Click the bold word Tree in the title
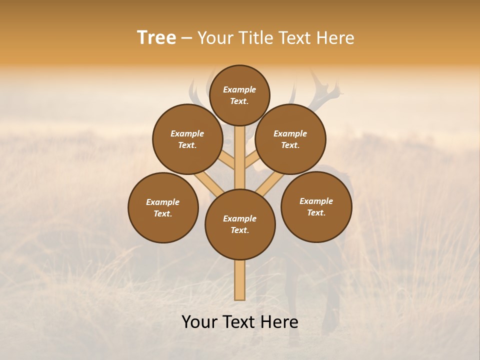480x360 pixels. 156,38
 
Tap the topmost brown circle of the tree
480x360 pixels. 239,95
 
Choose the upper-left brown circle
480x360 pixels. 187,139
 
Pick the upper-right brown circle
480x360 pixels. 290,139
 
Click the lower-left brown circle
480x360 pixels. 163,207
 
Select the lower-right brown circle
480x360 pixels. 316,206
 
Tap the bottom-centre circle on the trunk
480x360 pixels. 240,224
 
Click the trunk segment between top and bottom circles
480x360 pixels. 240,160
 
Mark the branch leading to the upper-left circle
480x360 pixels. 227,160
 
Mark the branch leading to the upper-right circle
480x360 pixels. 252,159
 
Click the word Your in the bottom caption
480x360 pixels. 200,322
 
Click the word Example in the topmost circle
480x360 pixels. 239,89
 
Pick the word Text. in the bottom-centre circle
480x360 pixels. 239,230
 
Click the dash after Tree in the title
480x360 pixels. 186,38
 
